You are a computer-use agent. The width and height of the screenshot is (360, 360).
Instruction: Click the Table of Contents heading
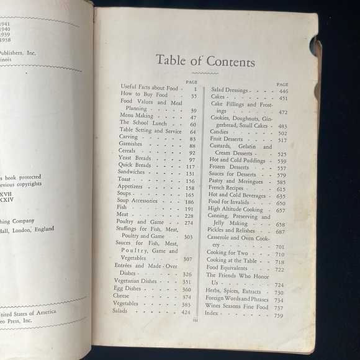pyautogui.click(x=205, y=61)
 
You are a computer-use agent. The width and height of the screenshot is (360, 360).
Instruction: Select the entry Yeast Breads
pyautogui.click(x=135, y=159)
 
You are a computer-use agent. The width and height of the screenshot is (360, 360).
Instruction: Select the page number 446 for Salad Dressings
pyautogui.click(x=283, y=91)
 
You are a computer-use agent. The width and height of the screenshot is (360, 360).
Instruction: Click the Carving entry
pyautogui.click(x=129, y=137)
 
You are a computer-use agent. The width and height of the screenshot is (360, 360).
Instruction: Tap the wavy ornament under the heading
pyautogui.click(x=205, y=73)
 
